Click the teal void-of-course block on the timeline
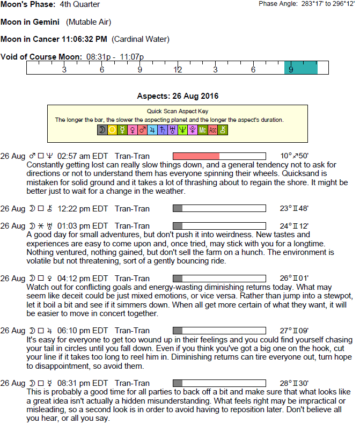[300, 68]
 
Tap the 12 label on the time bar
[178, 70]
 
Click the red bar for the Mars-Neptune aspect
[196, 156]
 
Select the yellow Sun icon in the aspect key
[112, 130]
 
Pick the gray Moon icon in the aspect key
[101, 130]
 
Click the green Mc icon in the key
[202, 130]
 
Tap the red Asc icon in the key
[212, 130]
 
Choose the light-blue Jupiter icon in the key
[152, 130]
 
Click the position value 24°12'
[295, 226]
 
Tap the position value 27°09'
[295, 331]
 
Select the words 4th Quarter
[80, 5]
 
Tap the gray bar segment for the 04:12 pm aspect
[178, 279]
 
